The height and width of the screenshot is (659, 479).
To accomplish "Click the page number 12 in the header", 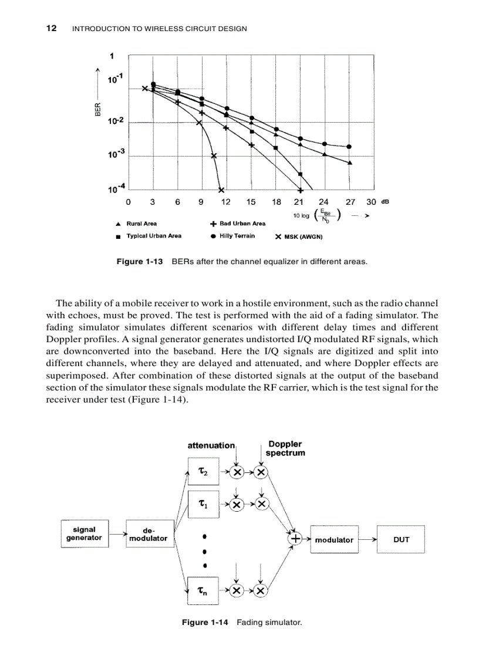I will click(51, 28).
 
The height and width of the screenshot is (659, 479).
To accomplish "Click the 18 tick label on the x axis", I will click(276, 202).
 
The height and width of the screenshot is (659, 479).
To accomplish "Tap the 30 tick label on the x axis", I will click(371, 202).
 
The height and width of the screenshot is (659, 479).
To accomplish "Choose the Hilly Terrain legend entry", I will click(233, 236).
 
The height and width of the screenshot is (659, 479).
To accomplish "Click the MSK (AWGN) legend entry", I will click(299, 237).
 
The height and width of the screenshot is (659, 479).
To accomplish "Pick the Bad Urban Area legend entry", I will click(238, 224).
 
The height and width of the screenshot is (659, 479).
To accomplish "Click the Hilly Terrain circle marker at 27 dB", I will click(349, 147).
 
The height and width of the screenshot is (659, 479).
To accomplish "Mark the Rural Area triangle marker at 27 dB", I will click(350, 163).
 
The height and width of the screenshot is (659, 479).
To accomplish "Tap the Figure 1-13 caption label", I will click(139, 262).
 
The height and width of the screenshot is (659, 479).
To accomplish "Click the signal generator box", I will click(85, 533).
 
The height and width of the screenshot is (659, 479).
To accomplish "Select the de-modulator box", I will click(149, 534).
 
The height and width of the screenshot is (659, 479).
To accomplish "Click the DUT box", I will click(401, 539).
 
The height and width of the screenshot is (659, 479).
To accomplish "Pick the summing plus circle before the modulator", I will click(295, 538).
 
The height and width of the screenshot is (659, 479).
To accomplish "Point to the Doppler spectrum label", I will click(285, 448).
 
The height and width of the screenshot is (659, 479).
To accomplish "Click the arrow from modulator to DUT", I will click(366, 539).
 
